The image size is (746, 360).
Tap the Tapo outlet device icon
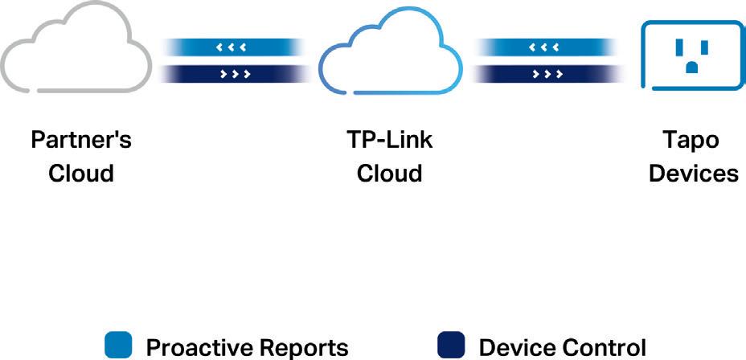click(692, 55)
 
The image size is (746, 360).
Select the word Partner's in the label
click(81, 140)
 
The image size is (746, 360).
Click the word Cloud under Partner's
click(81, 173)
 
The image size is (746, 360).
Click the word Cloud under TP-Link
click(390, 173)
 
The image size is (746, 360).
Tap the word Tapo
click(691, 140)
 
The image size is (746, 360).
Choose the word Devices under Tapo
click(694, 173)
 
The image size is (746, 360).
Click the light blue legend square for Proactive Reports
click(119, 346)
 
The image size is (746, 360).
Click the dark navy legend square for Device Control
click(452, 346)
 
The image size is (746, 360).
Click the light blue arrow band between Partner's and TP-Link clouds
click(233, 47)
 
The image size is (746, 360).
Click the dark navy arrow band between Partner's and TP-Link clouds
click(233, 74)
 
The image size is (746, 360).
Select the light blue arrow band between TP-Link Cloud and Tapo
click(547, 47)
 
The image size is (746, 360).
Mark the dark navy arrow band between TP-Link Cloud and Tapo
click(547, 74)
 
